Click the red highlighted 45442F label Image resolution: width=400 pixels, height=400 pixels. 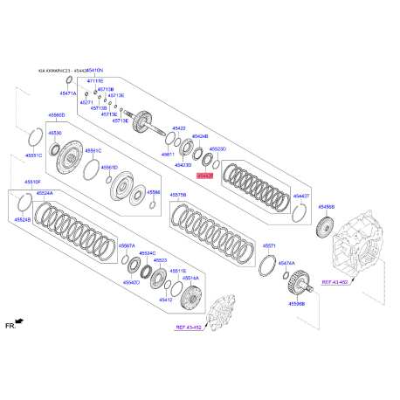click(204, 175)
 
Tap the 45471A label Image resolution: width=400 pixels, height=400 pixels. click(68, 92)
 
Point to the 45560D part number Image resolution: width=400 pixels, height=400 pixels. click(57, 115)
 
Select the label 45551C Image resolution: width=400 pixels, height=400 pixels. click(32, 155)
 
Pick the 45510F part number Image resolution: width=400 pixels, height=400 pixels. click(31, 182)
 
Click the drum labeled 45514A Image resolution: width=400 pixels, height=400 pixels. click(184, 302)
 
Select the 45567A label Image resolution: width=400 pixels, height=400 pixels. click(127, 246)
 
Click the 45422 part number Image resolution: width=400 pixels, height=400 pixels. click(178, 128)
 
